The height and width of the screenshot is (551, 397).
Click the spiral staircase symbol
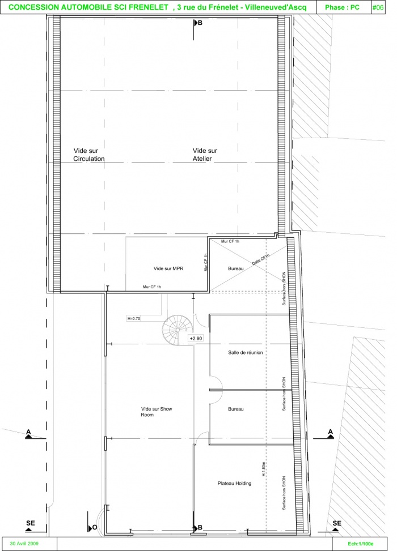click(x=178, y=330)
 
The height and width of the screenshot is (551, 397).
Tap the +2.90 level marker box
click(x=196, y=339)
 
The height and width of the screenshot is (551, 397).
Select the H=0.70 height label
click(x=133, y=318)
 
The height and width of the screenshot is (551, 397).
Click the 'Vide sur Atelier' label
click(x=205, y=155)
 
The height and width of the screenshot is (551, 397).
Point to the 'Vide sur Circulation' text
click(x=88, y=155)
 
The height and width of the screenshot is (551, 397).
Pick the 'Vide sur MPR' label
click(x=168, y=268)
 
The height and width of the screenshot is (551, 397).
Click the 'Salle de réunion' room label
click(x=246, y=352)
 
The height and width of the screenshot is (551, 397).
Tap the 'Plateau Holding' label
click(x=234, y=483)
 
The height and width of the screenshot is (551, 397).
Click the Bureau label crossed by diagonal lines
click(x=236, y=268)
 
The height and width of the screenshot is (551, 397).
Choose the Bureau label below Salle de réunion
click(x=236, y=409)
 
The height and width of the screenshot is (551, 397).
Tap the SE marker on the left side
click(x=30, y=525)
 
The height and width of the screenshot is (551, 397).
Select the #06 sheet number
click(x=378, y=7)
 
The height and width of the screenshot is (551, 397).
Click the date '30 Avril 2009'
click(x=24, y=543)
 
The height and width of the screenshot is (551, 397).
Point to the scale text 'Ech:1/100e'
click(x=360, y=544)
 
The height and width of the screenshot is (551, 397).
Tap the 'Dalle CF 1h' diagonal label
click(x=261, y=259)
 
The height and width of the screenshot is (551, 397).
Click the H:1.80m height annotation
click(x=263, y=469)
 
